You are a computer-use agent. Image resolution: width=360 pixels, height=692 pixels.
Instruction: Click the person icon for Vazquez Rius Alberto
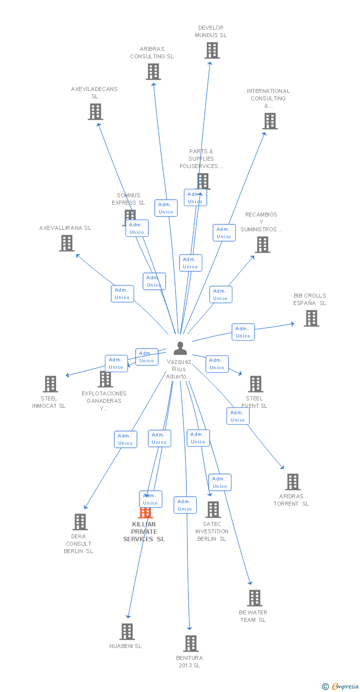click(x=180, y=348)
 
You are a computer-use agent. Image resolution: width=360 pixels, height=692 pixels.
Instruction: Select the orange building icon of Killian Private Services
click(x=145, y=513)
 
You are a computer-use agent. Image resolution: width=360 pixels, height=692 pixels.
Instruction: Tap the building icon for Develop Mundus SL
click(x=212, y=50)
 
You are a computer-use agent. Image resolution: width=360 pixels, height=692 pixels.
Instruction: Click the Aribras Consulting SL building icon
click(x=153, y=72)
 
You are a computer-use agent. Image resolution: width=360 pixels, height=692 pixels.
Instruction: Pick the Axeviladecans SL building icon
click(x=95, y=112)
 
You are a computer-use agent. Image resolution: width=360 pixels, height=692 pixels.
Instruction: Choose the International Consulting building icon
click(x=270, y=121)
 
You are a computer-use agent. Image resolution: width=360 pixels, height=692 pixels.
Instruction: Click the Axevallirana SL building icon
click(x=67, y=243)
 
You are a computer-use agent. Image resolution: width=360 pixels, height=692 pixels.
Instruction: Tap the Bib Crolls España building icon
click(x=312, y=318)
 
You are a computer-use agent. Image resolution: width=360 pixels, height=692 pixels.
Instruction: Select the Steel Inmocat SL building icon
click(x=50, y=384)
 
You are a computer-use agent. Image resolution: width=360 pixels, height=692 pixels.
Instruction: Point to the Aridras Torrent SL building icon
click(x=293, y=482)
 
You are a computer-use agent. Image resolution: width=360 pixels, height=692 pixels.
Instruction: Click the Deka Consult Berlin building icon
click(x=80, y=522)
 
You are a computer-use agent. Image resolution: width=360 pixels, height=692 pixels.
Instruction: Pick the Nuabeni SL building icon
click(x=127, y=632)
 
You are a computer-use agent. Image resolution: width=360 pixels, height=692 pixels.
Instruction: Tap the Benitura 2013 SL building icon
click(x=191, y=644)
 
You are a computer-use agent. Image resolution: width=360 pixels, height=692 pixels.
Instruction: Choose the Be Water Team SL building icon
click(x=255, y=598)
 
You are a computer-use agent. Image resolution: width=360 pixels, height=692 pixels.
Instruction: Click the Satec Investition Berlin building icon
click(x=213, y=510)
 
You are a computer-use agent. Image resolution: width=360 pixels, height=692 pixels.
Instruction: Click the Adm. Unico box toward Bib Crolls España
click(x=243, y=332)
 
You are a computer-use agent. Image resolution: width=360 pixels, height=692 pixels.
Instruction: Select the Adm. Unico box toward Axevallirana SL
click(x=122, y=294)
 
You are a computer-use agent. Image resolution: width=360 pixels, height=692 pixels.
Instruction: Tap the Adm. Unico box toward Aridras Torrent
click(x=238, y=416)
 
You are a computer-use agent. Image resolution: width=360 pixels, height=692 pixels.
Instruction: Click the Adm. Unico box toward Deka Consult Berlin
click(x=126, y=439)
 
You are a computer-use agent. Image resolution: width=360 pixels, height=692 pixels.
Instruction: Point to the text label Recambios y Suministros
click(x=262, y=222)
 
